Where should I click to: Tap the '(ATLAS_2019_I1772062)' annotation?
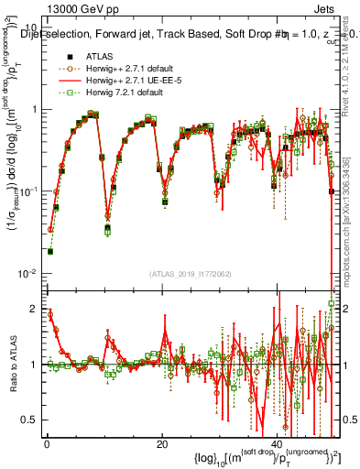191,274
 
